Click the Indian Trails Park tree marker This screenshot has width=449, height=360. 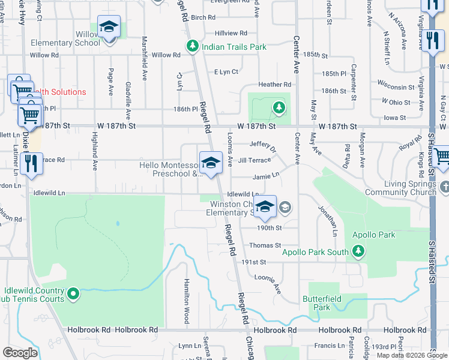(192, 46)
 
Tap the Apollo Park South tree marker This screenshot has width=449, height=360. (358, 251)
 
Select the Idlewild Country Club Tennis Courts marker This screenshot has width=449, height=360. (73, 294)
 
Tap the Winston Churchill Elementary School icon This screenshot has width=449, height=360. (265, 207)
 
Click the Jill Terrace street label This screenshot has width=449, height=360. (254, 160)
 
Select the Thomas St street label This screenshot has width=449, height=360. (265, 245)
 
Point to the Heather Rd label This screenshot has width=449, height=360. (274, 85)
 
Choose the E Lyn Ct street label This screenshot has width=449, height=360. (226, 72)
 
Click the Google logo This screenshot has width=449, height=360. (20, 353)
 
